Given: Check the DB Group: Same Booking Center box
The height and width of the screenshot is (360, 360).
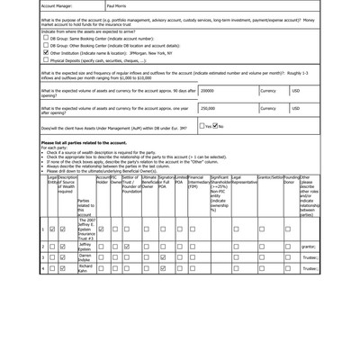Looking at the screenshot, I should coord(46,38).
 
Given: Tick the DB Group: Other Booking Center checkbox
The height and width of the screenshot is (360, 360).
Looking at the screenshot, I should coord(46,45).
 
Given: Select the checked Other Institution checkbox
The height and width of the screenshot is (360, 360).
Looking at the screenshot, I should coord(46,52).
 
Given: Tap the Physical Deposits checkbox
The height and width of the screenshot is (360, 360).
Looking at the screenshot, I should coord(46,60).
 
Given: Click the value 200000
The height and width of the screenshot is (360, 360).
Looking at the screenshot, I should coord(208,91).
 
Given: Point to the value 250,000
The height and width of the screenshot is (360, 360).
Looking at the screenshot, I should coord(208,108).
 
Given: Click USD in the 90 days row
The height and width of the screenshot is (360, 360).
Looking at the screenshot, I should coord(296,91).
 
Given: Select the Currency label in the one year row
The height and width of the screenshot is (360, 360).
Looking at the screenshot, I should coord(268,108).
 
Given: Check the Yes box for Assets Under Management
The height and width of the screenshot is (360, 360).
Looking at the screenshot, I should coord(206,126).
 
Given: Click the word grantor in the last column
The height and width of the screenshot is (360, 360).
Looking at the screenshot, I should coord(308,246).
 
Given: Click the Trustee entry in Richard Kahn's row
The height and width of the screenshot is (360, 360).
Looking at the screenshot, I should coord(310,268).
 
